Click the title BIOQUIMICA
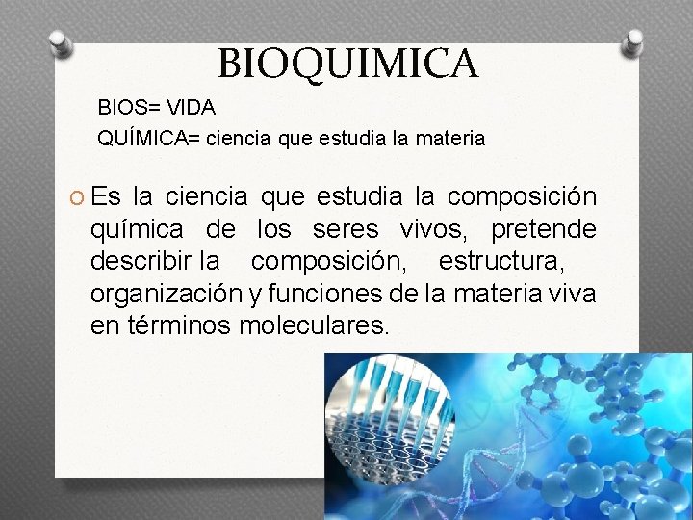click(x=347, y=64)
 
